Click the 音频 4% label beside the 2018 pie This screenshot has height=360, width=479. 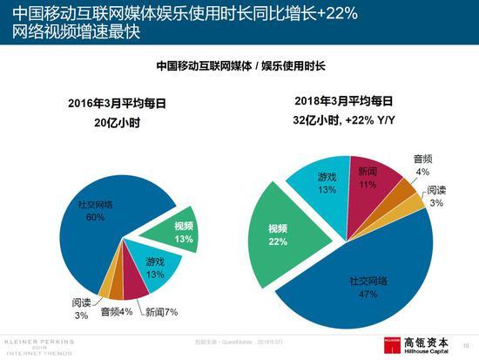pyautogui.click(x=422, y=165)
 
